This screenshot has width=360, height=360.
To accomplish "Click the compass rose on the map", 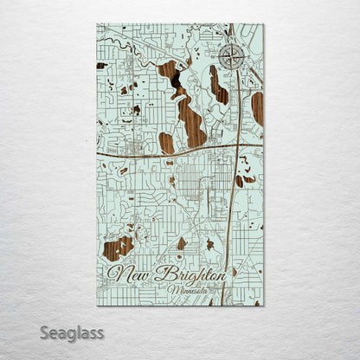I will coord(230,58).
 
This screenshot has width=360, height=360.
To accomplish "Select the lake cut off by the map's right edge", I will coord(257,107).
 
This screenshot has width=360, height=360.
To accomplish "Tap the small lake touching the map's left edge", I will coord(100,66).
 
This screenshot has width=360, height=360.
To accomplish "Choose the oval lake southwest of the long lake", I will coord(167,142).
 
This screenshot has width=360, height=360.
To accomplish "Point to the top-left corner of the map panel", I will coord(97,24).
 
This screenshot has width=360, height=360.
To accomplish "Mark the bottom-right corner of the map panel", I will coord(263,305).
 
